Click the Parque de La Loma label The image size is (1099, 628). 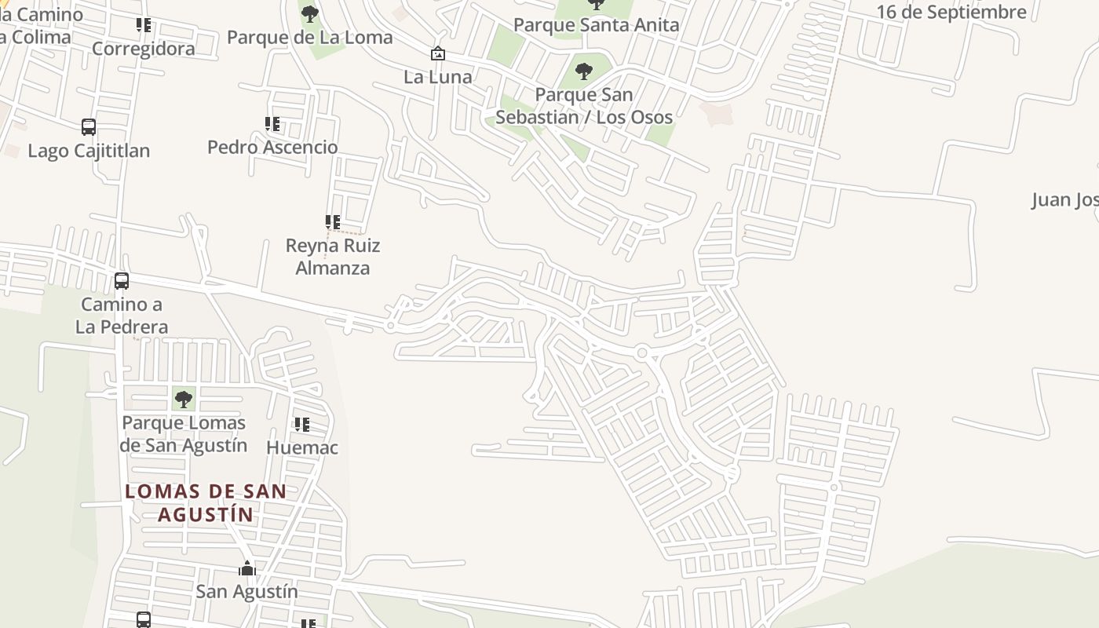pos(310,37)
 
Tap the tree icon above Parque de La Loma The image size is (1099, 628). pos(310,13)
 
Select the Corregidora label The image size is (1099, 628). pos(144,49)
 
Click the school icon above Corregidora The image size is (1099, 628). pos(144,25)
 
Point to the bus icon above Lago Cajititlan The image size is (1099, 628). pos(89,127)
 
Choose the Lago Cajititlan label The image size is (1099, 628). pos(89,151)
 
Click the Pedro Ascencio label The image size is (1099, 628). pos(272,147)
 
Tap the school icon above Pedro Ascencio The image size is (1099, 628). pos(272,124)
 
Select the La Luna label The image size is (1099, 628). pos(438,77)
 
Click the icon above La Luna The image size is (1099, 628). pos(438,53)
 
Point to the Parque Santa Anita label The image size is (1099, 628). pos(596,24)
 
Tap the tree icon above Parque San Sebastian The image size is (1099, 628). pos(584,71)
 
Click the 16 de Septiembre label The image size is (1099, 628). pos(951,12)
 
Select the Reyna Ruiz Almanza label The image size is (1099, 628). pos(333,257)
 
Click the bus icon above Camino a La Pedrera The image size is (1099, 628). pos(122,281)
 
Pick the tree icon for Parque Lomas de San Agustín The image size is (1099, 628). pos(184,400)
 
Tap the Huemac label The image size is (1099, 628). pos(302,447)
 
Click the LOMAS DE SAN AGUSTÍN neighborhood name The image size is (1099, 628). pos(206,503)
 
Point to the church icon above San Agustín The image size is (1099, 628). pos(247,568)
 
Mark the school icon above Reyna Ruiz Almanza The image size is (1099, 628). pos(333,222)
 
